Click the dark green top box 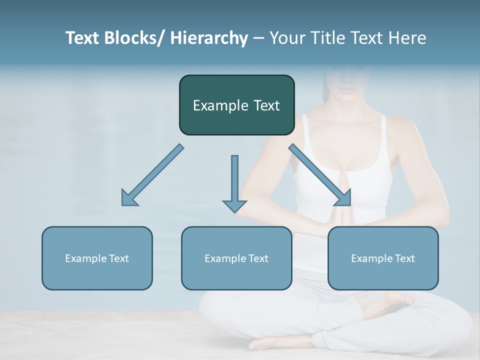tap(236, 105)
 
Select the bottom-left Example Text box tap(97, 258)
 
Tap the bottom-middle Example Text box tap(236, 258)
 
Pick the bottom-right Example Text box tap(383, 258)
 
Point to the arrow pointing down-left tap(152, 175)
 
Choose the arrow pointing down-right tap(320, 175)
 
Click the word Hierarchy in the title tap(209, 38)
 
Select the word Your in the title tap(287, 38)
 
